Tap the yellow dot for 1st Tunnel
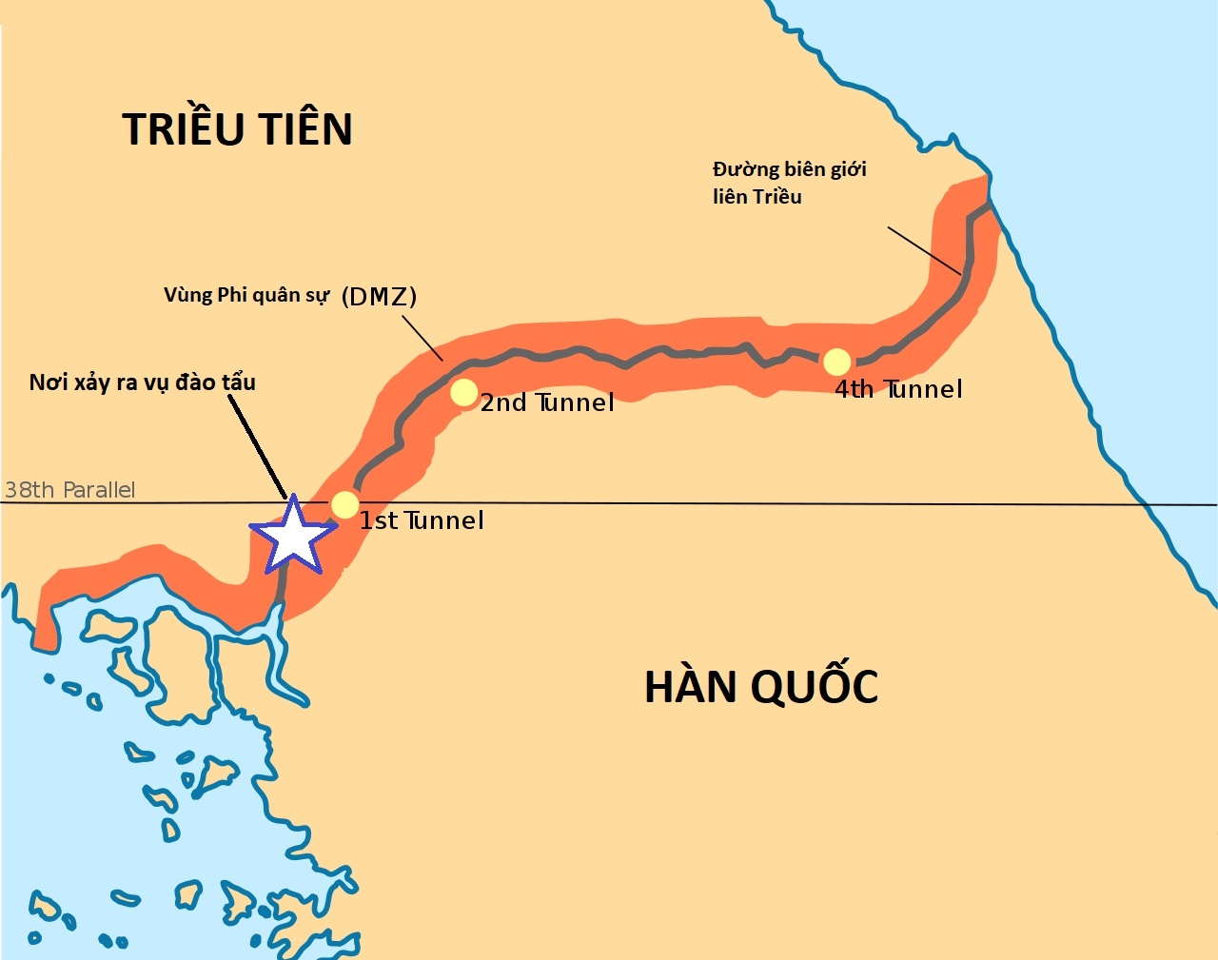click(344, 504)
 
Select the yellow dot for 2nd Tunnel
click(463, 392)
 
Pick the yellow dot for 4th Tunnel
click(836, 362)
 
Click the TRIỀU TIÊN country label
click(238, 129)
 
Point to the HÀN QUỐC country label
click(761, 687)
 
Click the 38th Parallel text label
click(70, 490)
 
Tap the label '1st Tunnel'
click(422, 520)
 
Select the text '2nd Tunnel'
click(547, 402)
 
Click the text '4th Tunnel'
click(898, 389)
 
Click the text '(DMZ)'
click(379, 296)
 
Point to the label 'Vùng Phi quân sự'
click(246, 295)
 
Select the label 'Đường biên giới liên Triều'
click(789, 183)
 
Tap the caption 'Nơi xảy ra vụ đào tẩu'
click(143, 382)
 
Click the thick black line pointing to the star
click(257, 447)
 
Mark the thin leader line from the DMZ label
click(422, 339)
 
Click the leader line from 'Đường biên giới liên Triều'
click(924, 251)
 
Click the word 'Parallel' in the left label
click(98, 490)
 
